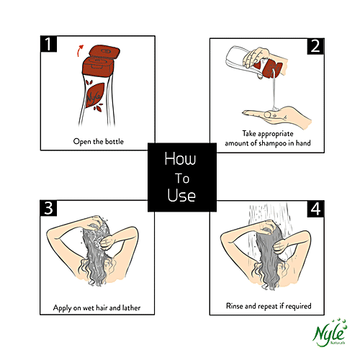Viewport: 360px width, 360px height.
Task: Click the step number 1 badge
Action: pos(48,44)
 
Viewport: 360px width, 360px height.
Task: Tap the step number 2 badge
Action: pos(315,46)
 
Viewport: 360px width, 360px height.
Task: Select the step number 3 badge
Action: pos(48,208)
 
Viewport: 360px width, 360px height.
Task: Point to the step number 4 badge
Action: pos(315,209)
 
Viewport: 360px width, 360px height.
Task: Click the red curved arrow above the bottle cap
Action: pos(78,50)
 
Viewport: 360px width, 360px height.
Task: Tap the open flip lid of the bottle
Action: pos(104,52)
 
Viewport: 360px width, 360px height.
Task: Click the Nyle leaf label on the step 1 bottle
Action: pos(94,96)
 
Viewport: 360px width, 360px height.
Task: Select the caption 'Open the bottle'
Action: pos(99,141)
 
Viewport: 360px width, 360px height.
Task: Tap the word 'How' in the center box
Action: pos(180,158)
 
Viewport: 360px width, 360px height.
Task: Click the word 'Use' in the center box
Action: pos(181,195)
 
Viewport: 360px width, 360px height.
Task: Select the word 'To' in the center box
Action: pos(182,179)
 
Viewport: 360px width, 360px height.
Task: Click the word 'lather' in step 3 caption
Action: pos(131,307)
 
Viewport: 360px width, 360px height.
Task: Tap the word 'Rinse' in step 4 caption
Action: pos(235,306)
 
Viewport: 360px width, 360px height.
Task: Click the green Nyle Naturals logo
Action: pos(330,333)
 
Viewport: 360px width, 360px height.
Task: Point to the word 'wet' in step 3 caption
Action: pos(89,308)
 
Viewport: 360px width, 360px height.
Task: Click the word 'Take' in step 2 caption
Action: pos(249,133)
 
